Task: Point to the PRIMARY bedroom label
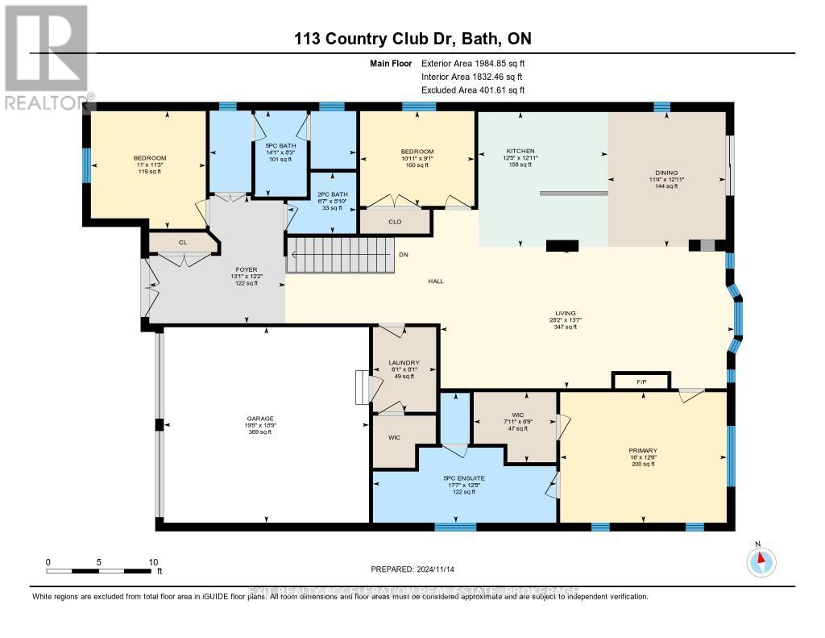[x=643, y=450]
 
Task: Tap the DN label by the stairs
[x=404, y=255]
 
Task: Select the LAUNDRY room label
[x=403, y=363]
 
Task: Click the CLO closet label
[x=395, y=221]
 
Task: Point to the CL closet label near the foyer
[x=183, y=241]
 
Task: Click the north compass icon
[x=761, y=560]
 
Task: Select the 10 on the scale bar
[x=153, y=561]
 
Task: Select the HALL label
[x=436, y=281]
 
